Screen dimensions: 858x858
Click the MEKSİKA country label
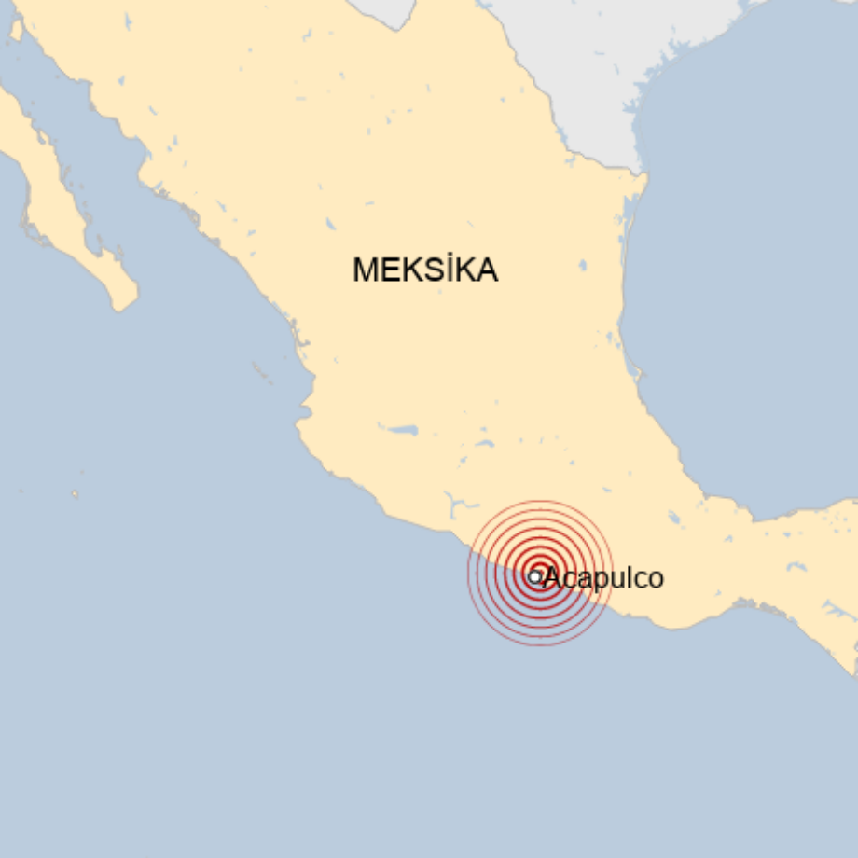point(424,270)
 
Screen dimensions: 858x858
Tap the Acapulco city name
point(603,578)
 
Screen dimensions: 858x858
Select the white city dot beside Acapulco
point(534,577)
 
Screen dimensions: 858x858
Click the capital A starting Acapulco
point(551,578)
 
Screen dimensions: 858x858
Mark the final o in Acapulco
point(656,579)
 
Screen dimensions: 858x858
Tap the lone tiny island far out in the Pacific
point(75,494)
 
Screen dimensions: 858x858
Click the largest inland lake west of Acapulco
point(403,431)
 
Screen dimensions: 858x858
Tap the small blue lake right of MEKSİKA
point(582,266)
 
